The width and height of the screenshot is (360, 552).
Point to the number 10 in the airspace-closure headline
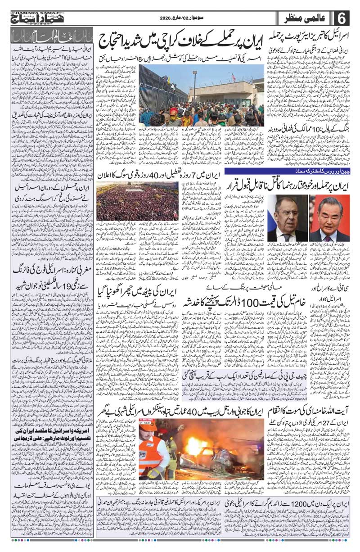pyautogui.click(x=305, y=128)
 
